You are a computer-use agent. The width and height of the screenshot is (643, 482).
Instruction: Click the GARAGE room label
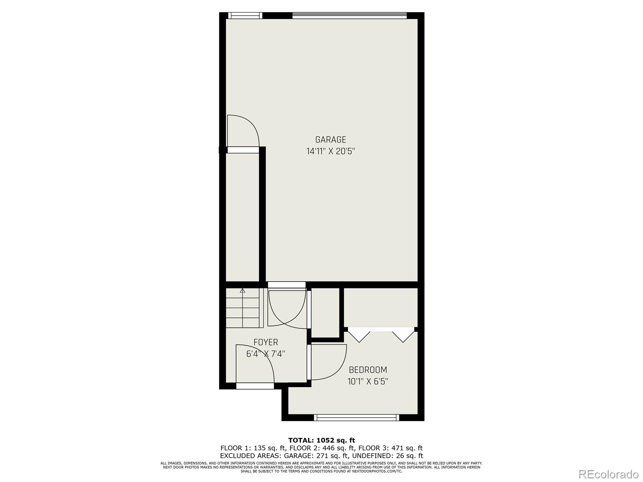(x=330, y=140)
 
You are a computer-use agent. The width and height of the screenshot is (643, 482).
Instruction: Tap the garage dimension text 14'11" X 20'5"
(x=330, y=151)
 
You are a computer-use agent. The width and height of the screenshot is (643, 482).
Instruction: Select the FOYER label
(x=266, y=342)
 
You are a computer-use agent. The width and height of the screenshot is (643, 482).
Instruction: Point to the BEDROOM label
(x=368, y=370)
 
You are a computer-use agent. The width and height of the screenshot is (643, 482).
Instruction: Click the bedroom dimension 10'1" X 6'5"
(x=368, y=381)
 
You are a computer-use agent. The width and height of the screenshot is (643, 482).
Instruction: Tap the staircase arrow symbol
(x=242, y=291)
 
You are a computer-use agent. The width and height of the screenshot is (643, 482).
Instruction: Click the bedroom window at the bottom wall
(x=356, y=418)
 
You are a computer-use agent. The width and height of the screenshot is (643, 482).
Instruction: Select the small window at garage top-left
(x=245, y=16)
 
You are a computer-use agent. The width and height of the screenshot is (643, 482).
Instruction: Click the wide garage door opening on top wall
(x=349, y=16)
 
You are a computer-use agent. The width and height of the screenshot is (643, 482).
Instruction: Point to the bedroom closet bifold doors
(x=381, y=334)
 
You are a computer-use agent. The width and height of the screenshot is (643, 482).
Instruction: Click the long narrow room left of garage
(x=242, y=217)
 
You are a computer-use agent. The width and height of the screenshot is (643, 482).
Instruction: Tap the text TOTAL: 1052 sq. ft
(x=321, y=440)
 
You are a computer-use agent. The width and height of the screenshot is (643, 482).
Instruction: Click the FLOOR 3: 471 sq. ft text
(x=390, y=448)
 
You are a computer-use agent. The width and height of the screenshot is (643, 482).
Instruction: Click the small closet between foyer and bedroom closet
(x=326, y=312)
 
